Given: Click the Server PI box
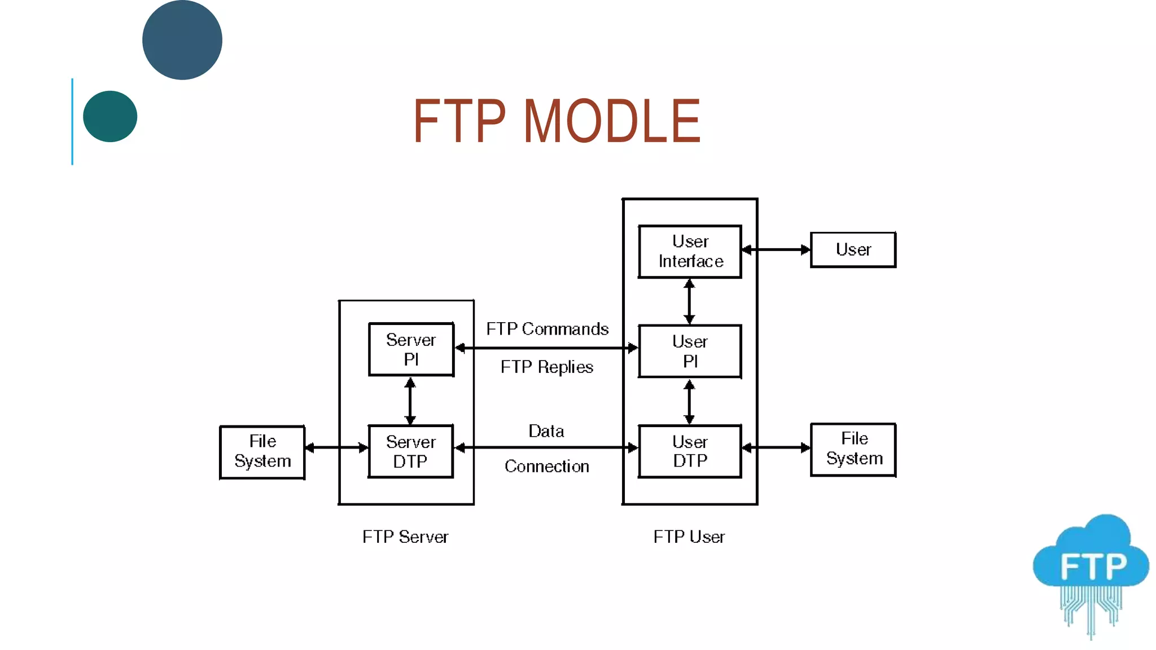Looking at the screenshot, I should (x=411, y=349).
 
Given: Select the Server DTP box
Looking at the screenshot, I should (x=410, y=451).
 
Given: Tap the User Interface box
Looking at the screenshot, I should (x=690, y=252).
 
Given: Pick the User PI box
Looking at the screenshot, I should (x=690, y=351).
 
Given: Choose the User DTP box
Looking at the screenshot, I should (x=690, y=451).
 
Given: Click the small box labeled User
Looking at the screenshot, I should (x=853, y=249).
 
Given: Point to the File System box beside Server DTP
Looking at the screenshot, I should (x=262, y=452).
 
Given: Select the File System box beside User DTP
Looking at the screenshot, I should (x=853, y=449).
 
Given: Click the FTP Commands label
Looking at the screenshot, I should (x=547, y=329).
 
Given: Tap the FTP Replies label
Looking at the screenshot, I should (x=546, y=367).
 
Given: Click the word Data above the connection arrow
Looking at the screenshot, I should (x=546, y=431).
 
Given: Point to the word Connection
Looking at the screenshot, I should (x=546, y=467).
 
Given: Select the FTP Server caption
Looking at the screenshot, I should (x=405, y=537).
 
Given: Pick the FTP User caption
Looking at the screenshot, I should (x=689, y=537).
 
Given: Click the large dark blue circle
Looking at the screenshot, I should (x=182, y=40).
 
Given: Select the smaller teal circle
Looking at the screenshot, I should (x=110, y=116).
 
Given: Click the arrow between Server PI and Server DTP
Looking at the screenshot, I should (x=410, y=401).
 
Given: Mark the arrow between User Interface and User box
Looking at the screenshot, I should (x=776, y=249).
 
